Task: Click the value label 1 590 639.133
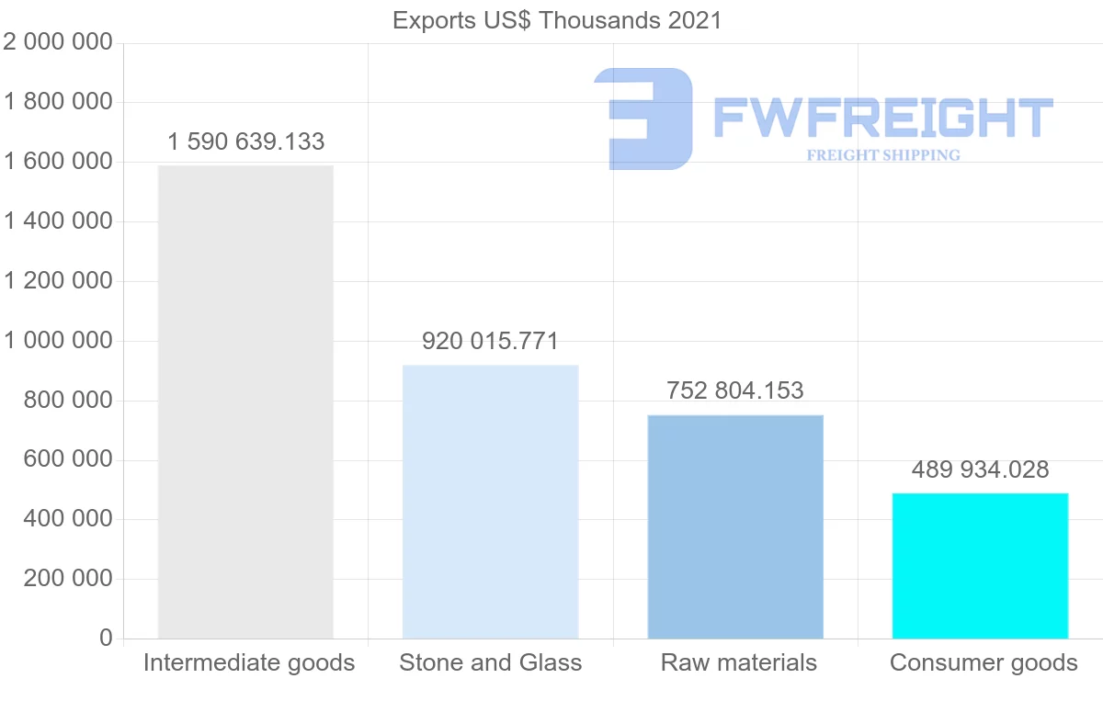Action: click(x=246, y=141)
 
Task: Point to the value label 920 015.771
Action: click(x=490, y=342)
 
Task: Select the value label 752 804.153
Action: click(x=735, y=390)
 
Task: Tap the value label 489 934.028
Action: click(x=980, y=469)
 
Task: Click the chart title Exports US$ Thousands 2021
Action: click(x=557, y=20)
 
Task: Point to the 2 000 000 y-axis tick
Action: click(x=59, y=42)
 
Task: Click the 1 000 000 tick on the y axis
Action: click(x=59, y=341)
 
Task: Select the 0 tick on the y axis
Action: click(x=106, y=639)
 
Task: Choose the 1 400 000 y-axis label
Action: click(x=59, y=221)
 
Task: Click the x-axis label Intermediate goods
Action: click(x=248, y=662)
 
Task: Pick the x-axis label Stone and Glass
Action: click(x=490, y=662)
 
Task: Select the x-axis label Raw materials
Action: click(x=738, y=662)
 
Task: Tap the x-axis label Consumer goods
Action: click(x=984, y=662)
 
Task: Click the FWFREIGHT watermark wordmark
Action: click(x=883, y=118)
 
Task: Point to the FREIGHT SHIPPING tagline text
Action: click(x=883, y=155)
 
